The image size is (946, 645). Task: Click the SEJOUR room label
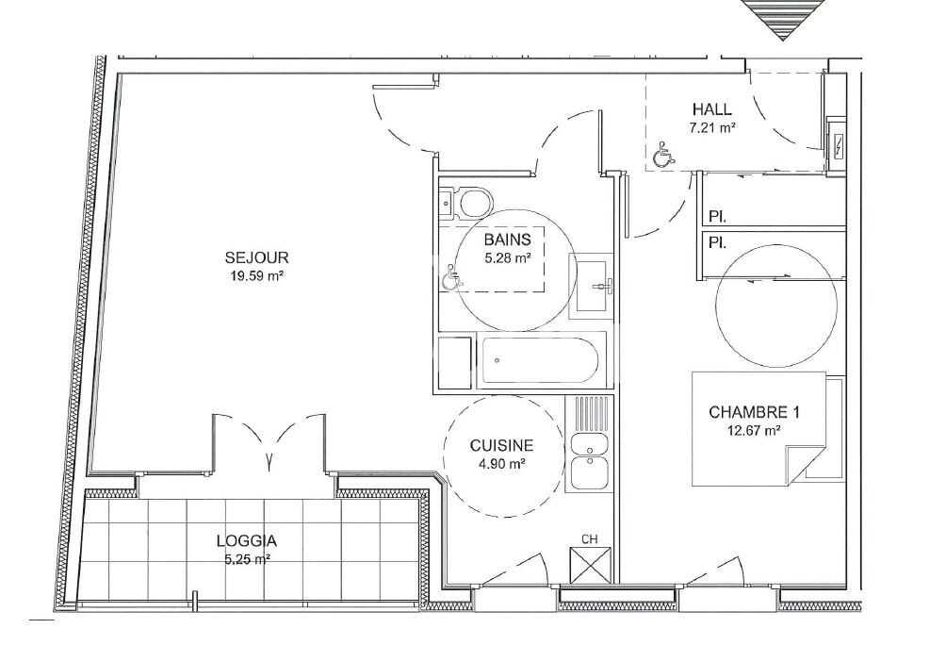pos(256,257)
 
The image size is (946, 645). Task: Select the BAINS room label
pos(507,240)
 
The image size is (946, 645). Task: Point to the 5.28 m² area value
pos(507,258)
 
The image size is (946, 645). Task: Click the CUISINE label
pos(501,446)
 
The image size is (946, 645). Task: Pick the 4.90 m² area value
pos(502,465)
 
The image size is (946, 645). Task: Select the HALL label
pos(712,109)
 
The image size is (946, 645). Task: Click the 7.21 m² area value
pos(712,128)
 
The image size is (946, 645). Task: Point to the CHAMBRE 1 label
pos(754,412)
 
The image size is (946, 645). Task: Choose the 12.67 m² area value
pos(755,431)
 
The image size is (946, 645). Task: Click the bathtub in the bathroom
pos(538,360)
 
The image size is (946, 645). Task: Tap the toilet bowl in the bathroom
pos(476,203)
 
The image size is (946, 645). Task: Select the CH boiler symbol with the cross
pos(590,565)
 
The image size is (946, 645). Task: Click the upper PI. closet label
pos(717,216)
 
